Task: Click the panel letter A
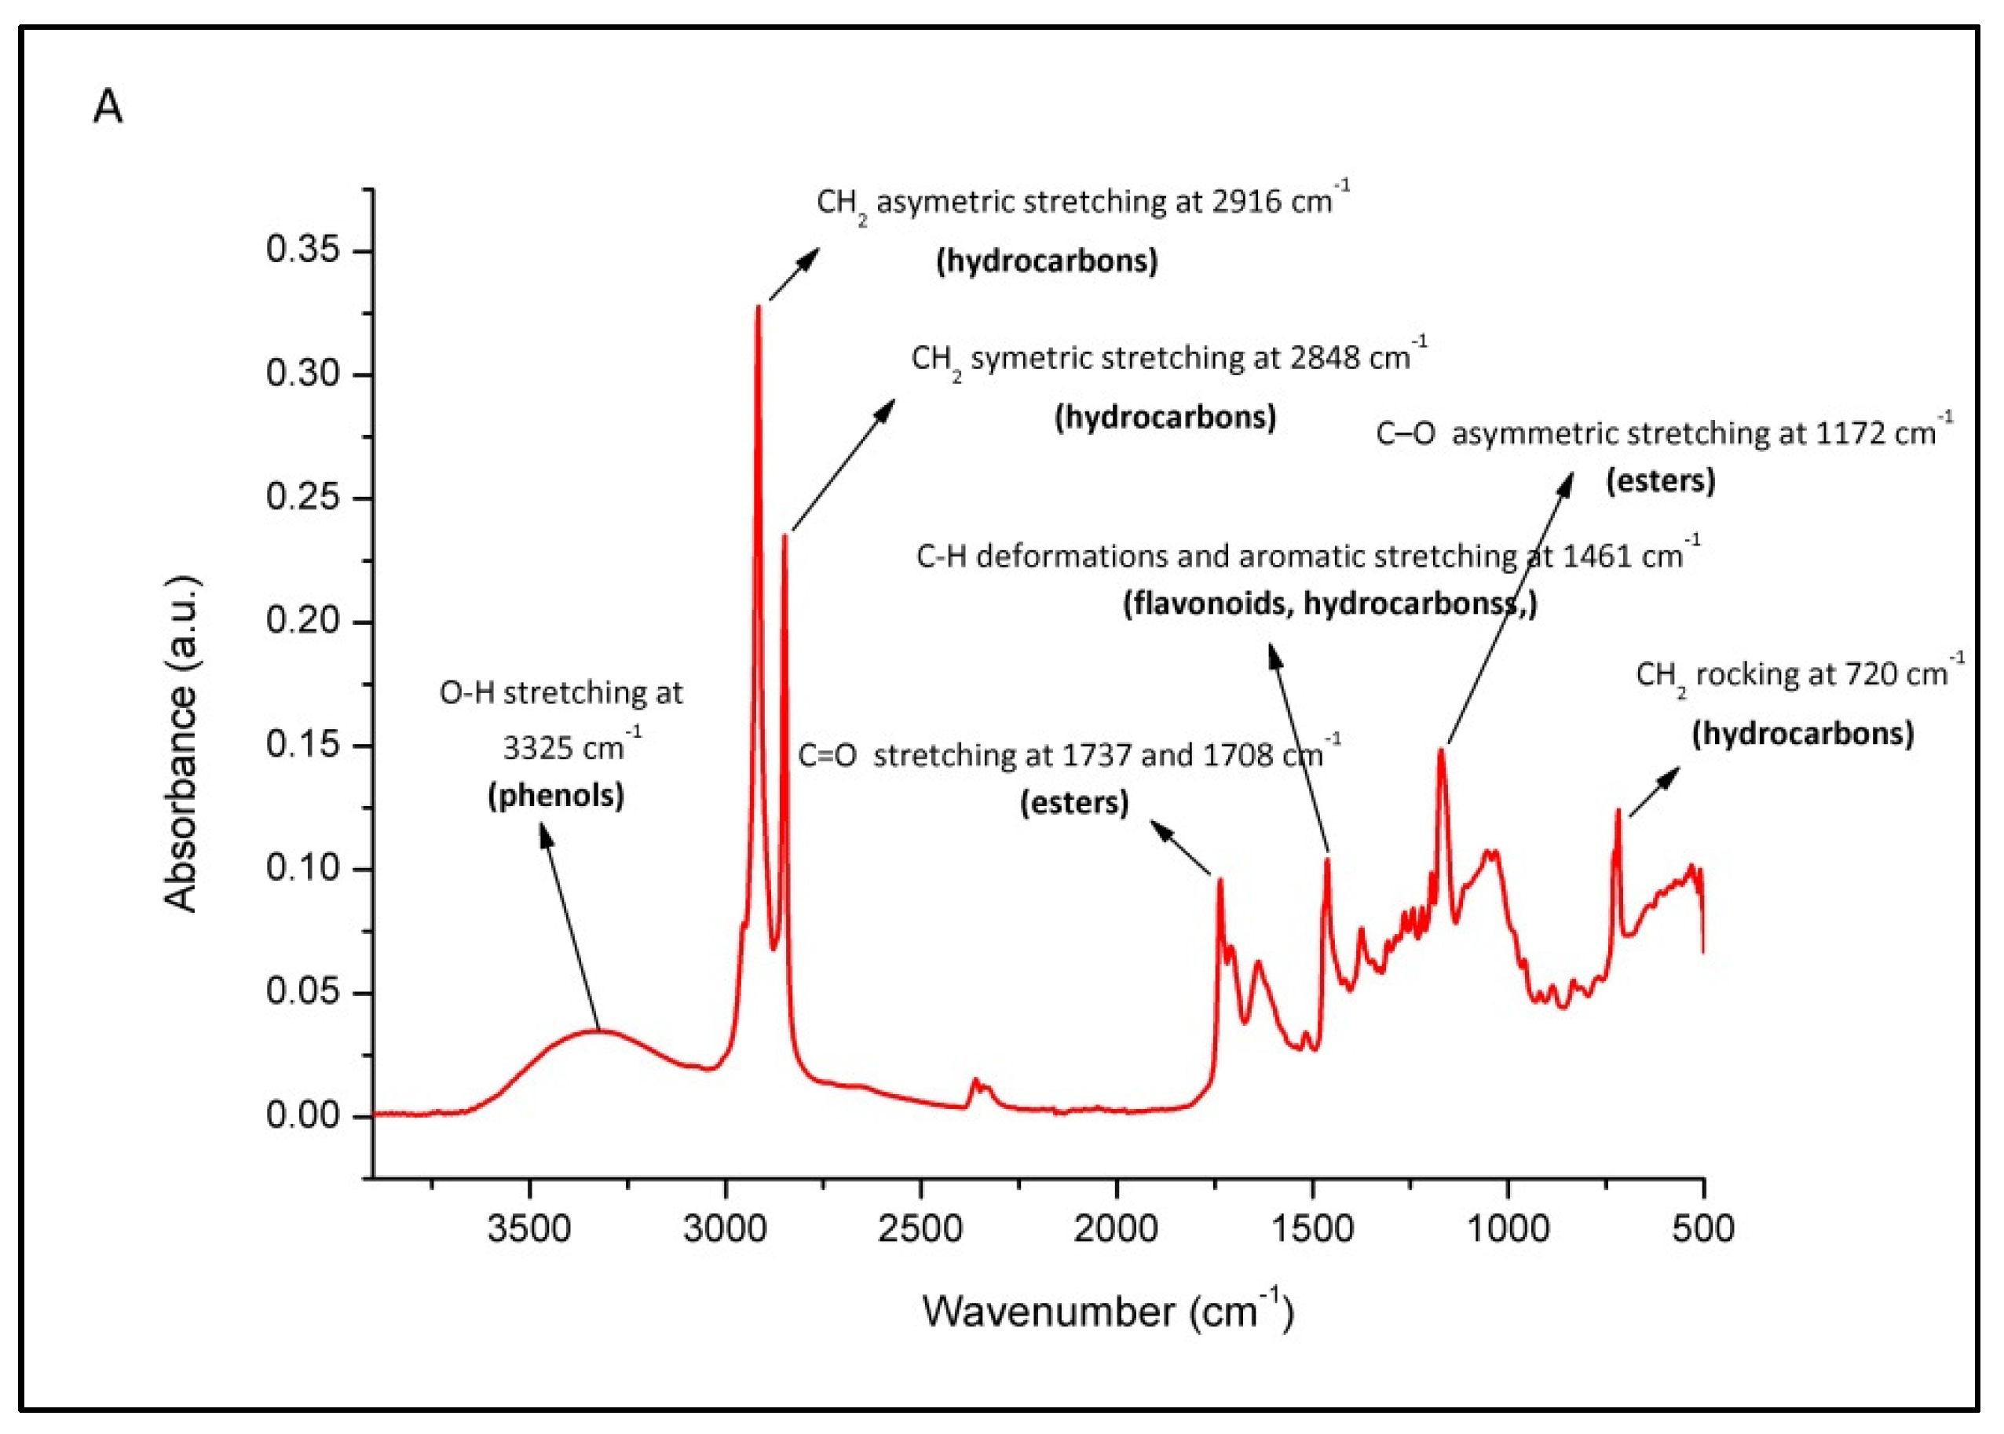coord(108,108)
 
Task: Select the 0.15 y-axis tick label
coord(303,746)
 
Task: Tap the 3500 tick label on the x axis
coord(529,1228)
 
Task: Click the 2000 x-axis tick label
coord(1116,1228)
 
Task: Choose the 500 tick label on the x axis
coord(1702,1228)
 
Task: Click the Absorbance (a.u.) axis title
coord(181,743)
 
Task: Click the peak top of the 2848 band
coord(784,536)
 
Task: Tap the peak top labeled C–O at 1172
coord(1442,750)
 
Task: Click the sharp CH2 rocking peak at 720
coord(1618,811)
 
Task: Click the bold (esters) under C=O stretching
coord(1074,803)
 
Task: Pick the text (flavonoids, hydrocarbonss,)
coord(1329,604)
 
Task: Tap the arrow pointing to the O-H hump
coord(569,927)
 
